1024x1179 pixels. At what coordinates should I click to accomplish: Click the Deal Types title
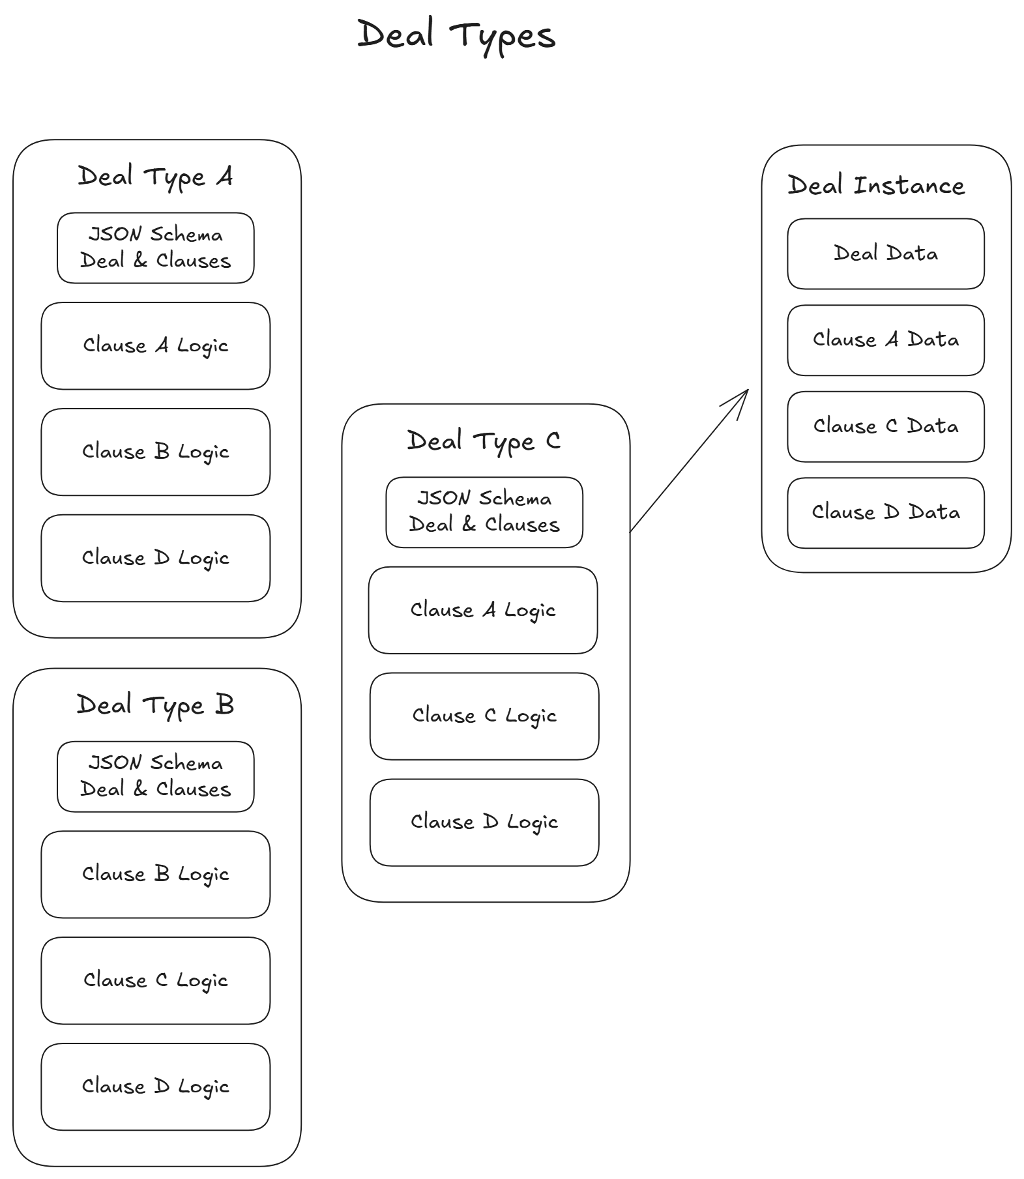456,35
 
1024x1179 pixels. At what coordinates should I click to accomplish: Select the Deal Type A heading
155,177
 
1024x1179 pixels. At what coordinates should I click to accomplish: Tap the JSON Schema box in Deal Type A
155,248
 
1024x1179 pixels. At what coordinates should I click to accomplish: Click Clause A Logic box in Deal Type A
155,345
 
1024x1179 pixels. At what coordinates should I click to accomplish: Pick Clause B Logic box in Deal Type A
155,452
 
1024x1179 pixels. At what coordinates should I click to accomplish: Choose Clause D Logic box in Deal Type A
155,558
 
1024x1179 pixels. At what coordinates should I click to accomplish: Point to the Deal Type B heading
155,705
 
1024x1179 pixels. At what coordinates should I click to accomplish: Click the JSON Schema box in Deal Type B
155,776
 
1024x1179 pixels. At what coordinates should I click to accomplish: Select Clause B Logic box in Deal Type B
155,874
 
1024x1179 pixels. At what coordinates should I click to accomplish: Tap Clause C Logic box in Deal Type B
155,980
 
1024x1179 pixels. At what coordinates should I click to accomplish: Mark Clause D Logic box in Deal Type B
155,1086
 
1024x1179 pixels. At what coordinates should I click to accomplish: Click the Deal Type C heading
484,441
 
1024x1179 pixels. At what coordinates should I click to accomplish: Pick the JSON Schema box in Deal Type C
484,512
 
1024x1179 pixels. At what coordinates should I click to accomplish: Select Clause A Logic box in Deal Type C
482,610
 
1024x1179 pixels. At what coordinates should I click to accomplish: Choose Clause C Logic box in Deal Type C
484,716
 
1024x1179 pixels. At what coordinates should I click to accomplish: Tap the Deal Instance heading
876,186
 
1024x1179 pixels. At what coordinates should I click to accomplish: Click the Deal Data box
885,254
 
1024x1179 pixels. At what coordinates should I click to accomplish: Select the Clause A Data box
885,340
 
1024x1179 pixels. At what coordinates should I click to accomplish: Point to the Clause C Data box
885,426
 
